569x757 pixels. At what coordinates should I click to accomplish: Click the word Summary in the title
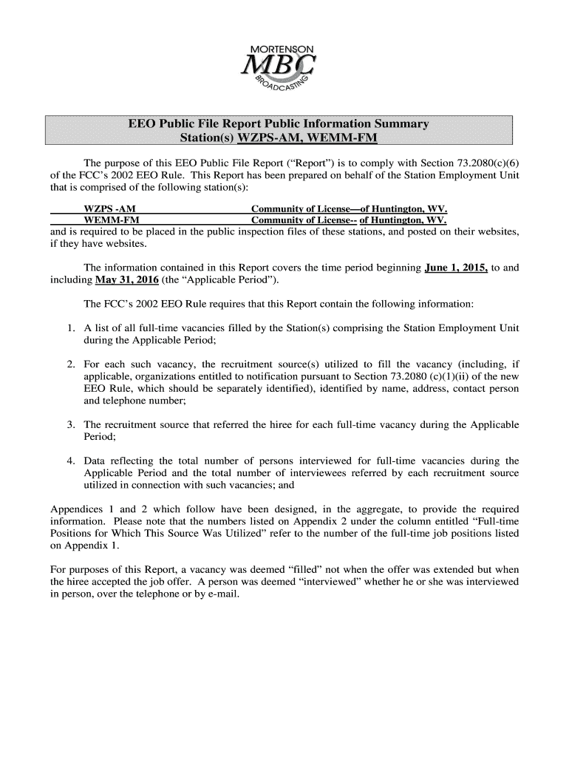(x=397, y=123)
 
